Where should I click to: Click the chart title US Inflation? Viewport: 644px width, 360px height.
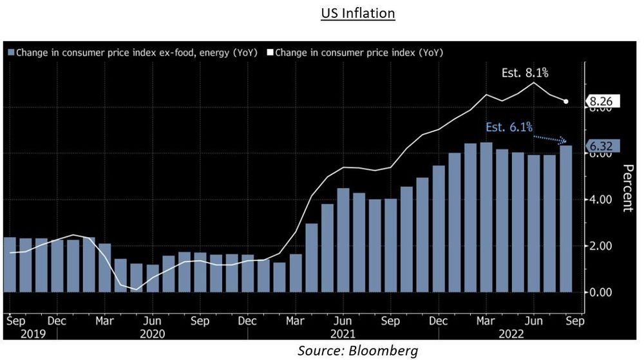(x=357, y=13)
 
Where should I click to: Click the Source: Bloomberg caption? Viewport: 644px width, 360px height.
(x=357, y=350)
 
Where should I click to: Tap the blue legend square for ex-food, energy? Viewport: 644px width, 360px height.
(x=10, y=52)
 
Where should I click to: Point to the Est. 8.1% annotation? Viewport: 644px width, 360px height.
(x=524, y=73)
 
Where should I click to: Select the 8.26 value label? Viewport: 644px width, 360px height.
(x=602, y=101)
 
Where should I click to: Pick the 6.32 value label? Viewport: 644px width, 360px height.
(x=602, y=147)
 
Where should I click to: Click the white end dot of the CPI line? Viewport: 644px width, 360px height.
(x=566, y=101)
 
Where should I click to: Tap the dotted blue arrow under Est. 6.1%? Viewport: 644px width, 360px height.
(x=550, y=138)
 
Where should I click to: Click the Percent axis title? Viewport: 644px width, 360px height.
(x=627, y=187)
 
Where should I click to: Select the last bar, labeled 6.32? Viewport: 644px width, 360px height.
(x=566, y=219)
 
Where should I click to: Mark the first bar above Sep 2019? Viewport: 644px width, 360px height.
(x=10, y=265)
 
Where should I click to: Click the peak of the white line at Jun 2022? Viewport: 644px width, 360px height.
(x=534, y=82)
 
